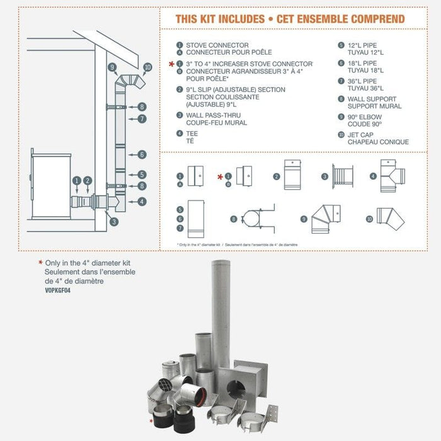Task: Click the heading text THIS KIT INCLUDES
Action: (x=219, y=19)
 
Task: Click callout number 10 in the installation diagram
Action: (x=148, y=67)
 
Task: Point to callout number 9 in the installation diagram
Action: (x=112, y=67)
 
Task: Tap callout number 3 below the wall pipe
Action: (x=112, y=221)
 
